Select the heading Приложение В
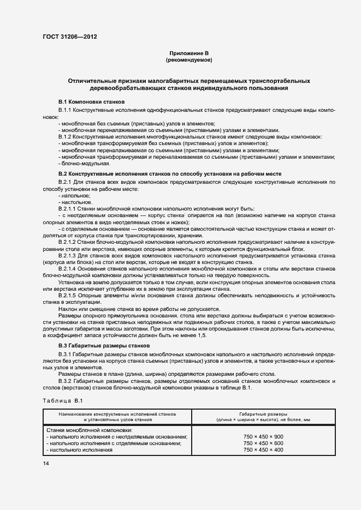(188, 53)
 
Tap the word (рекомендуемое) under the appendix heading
(188, 59)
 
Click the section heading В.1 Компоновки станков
(91, 102)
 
